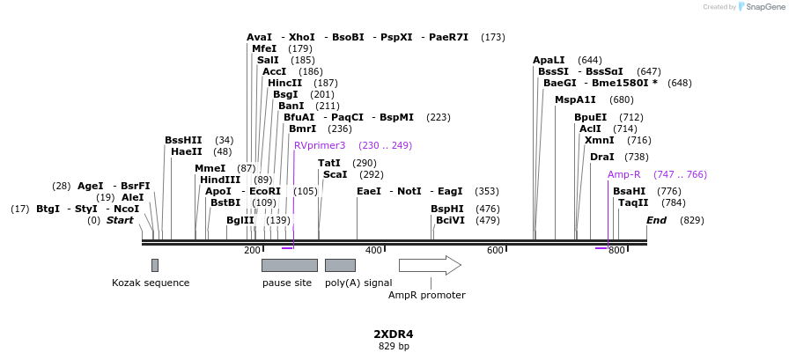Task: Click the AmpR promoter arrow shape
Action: click(430, 265)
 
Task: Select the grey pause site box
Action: click(289, 265)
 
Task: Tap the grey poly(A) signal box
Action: click(340, 265)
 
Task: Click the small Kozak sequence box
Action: click(155, 265)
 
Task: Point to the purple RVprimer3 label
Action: click(320, 145)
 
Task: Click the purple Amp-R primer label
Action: click(624, 174)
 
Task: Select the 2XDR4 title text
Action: click(394, 334)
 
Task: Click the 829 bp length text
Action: click(394, 347)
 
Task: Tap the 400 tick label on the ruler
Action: click(373, 251)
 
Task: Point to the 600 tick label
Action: click(495, 251)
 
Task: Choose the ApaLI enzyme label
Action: click(549, 60)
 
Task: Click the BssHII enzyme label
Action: click(183, 140)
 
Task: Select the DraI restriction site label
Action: click(601, 157)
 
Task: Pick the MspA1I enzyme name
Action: click(575, 99)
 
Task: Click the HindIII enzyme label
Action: click(220, 180)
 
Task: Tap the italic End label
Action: click(656, 220)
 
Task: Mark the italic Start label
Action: click(120, 220)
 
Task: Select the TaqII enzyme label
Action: click(633, 202)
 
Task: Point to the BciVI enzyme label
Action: click(450, 220)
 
